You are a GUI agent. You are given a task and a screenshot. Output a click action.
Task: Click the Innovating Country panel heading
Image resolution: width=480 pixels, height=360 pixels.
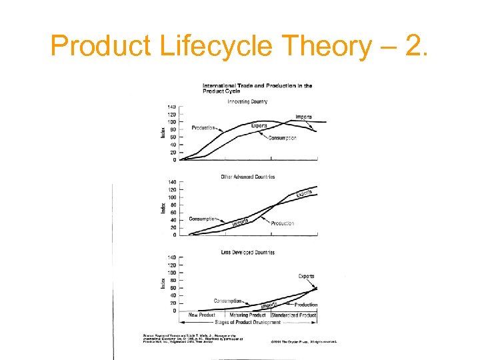click(247, 101)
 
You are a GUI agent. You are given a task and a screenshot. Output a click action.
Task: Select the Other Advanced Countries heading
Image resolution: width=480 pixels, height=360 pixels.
click(247, 177)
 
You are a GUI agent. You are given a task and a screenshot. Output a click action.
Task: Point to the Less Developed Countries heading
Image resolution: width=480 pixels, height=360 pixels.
click(247, 252)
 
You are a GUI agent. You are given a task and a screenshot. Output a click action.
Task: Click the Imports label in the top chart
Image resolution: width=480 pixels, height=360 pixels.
click(304, 117)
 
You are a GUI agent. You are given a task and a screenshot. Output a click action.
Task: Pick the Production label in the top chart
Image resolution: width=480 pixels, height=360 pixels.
click(203, 127)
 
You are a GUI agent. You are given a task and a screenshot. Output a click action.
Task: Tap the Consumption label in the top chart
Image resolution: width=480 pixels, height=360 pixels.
click(282, 138)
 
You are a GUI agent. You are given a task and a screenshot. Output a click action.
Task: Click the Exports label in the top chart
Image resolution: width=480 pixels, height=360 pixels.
click(259, 125)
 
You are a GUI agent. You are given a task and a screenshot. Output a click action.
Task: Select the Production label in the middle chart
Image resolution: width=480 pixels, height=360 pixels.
click(282, 223)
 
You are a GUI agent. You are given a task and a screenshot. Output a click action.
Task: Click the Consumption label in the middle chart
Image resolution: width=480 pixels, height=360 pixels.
click(202, 219)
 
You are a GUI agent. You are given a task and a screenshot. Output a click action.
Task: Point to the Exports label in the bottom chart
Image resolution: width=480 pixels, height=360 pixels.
click(306, 276)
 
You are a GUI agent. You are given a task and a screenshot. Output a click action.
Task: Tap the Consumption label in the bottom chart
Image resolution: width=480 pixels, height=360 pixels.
click(227, 301)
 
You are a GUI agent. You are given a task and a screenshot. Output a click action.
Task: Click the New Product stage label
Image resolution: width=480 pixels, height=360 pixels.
click(201, 315)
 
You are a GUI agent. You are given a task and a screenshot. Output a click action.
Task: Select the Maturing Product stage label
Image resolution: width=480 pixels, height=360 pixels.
click(248, 315)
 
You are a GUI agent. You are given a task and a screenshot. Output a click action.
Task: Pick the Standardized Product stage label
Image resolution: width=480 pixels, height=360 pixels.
click(293, 315)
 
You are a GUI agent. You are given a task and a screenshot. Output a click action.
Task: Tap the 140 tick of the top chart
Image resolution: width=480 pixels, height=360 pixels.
click(171, 107)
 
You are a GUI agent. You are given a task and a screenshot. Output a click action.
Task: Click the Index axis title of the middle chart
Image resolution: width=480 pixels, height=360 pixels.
click(163, 208)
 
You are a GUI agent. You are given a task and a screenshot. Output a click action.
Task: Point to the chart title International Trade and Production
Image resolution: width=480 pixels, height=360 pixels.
click(257, 85)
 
